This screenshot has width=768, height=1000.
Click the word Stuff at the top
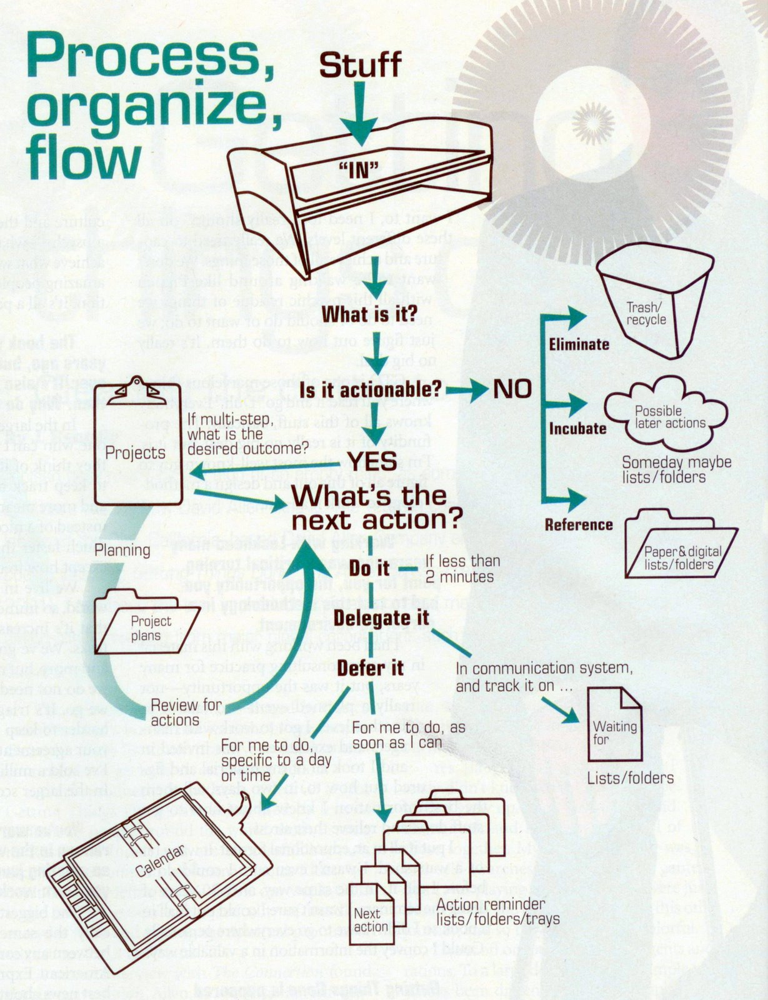tap(361, 66)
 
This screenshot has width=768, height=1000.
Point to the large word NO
tap(512, 389)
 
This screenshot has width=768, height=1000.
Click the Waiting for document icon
tap(614, 725)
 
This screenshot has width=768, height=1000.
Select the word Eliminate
tap(579, 344)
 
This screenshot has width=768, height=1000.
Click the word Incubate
tap(577, 429)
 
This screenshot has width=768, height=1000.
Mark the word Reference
tap(579, 524)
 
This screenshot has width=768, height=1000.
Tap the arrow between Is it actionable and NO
tap(467, 389)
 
